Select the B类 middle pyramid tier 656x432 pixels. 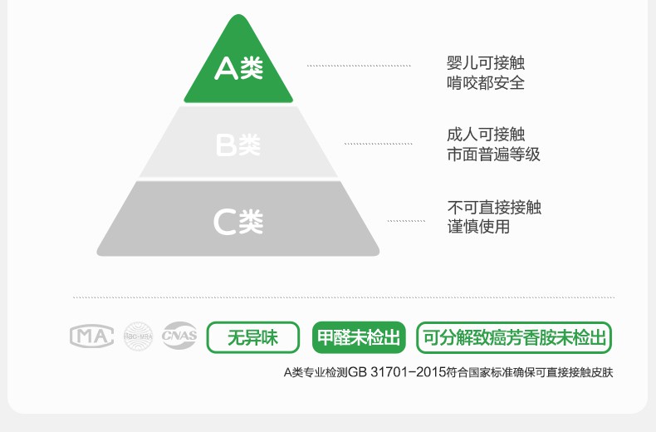point(238,144)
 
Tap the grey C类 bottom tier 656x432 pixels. point(238,220)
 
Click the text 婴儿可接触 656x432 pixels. point(486,63)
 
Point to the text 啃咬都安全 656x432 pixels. point(486,83)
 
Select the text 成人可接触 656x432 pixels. point(486,135)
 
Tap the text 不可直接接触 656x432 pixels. point(493,207)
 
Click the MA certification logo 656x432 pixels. point(91,336)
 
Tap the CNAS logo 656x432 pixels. point(179,336)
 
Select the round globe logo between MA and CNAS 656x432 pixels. point(139,336)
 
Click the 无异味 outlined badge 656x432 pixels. point(252,338)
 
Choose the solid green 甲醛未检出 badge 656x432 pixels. point(359,338)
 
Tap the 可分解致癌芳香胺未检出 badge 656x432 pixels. point(514,338)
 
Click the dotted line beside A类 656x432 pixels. point(359,65)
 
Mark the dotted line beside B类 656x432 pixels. point(379,145)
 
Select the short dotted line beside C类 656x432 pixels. point(406,221)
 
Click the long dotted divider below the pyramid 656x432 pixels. point(344,297)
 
